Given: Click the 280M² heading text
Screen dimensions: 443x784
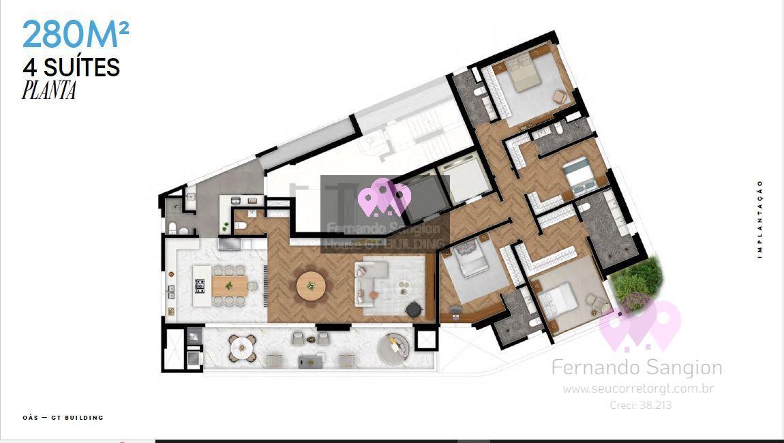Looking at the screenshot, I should click(76, 35).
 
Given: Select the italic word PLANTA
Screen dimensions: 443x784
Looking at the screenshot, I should click(48, 90).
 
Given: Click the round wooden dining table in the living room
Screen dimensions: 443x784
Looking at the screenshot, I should click(311, 286).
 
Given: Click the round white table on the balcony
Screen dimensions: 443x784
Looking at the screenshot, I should click(242, 348).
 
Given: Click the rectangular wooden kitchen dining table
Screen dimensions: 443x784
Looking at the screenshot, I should click(229, 286).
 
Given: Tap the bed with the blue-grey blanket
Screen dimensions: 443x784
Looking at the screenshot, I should click(579, 176).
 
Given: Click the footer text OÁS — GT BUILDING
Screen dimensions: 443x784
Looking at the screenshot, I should click(63, 417).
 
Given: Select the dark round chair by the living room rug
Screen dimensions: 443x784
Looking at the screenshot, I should click(414, 309).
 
